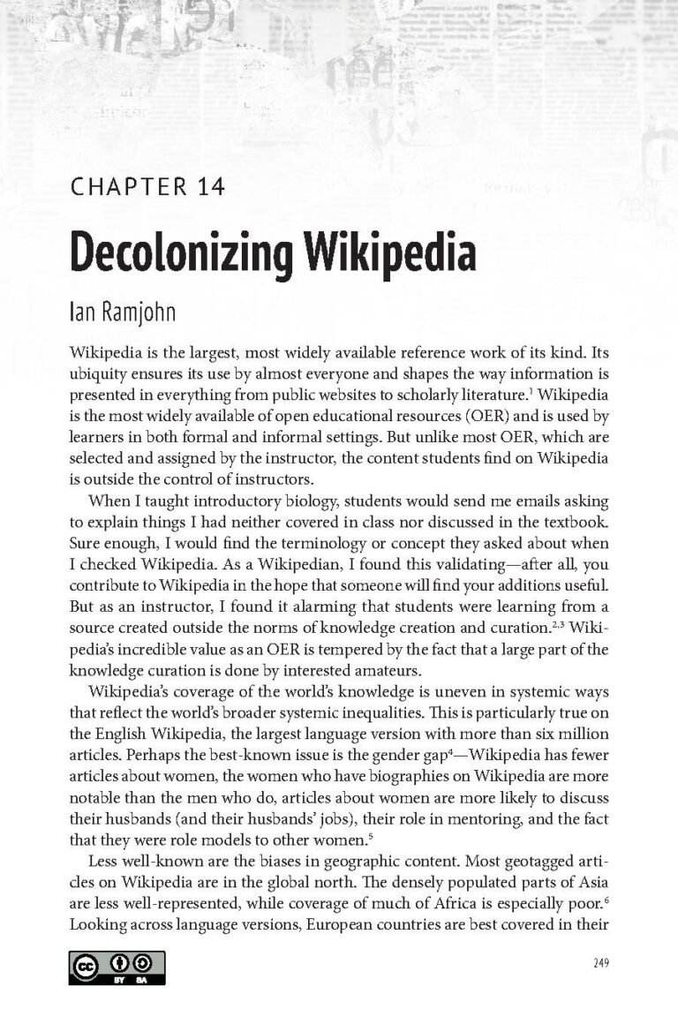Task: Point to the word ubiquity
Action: point(97,373)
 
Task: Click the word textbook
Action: point(569,522)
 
